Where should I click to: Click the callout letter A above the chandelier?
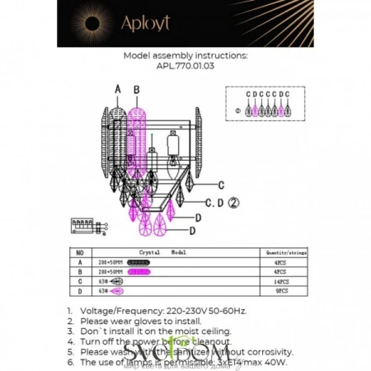[x=117, y=88]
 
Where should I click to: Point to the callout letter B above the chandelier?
[x=137, y=88]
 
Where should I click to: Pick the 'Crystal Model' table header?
[x=162, y=254]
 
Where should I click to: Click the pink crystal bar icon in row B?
[x=140, y=271]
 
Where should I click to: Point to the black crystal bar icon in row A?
[x=140, y=262]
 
